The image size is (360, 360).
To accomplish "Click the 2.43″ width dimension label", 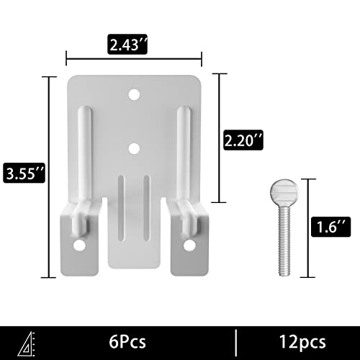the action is pyautogui.click(x=127, y=44).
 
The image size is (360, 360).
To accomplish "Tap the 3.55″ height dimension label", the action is pyautogui.click(x=24, y=173).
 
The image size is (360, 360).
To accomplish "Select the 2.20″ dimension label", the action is pyautogui.click(x=243, y=140).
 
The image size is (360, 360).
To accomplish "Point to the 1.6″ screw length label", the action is pyautogui.click(x=330, y=227).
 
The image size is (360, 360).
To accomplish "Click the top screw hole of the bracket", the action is pyautogui.click(x=134, y=94).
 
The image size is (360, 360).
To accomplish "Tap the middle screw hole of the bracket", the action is pyautogui.click(x=134, y=148).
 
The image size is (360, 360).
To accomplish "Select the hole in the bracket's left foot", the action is pyautogui.click(x=79, y=246).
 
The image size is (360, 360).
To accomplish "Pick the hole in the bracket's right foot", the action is pyautogui.click(x=189, y=246).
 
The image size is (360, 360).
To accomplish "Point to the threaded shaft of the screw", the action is pyautogui.click(x=284, y=241).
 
